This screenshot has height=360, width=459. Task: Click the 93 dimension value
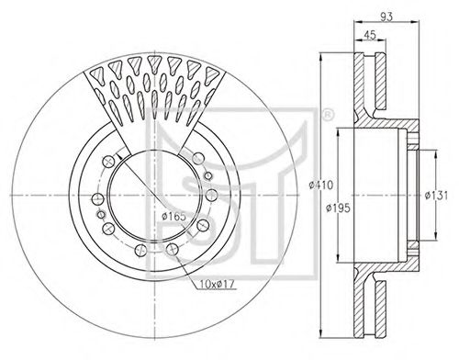click(386, 17)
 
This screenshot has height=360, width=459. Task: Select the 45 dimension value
click(370, 35)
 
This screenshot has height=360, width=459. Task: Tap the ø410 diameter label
click(320, 186)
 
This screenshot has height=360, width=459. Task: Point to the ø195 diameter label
click(338, 208)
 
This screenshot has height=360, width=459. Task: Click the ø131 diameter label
click(436, 195)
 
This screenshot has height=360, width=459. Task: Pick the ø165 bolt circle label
click(174, 217)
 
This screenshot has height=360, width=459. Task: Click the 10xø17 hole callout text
click(217, 285)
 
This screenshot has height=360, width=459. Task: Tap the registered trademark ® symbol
click(327, 116)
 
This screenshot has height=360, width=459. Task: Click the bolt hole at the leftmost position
click(98, 199)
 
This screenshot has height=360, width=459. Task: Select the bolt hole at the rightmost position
click(211, 195)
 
